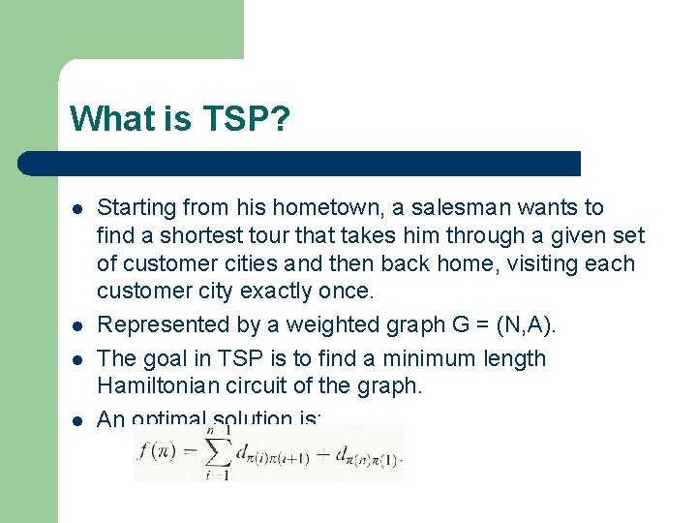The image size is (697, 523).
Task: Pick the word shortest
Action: click(192, 235)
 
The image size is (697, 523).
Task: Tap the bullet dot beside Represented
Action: click(76, 325)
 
